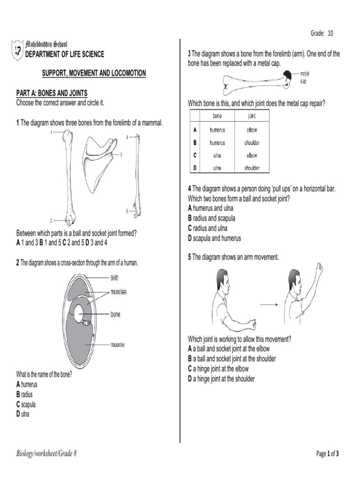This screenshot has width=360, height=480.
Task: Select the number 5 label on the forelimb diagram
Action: pyautogui.click(x=127, y=210)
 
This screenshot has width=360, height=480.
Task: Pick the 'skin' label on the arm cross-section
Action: pyautogui.click(x=115, y=277)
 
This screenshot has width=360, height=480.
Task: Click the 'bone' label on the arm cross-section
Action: pyautogui.click(x=115, y=315)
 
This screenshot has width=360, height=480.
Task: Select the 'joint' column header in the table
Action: pyautogui.click(x=251, y=116)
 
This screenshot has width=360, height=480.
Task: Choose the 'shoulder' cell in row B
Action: pyautogui.click(x=251, y=143)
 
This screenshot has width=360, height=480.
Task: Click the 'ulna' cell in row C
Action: pyautogui.click(x=217, y=155)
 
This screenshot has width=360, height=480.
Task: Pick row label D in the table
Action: pyautogui.click(x=194, y=168)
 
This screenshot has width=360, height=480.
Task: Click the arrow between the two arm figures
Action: pyautogui.click(x=270, y=305)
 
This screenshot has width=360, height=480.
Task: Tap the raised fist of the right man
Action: pyautogui.click(x=320, y=269)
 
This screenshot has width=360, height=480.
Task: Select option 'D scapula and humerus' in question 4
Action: pyautogui.click(x=214, y=238)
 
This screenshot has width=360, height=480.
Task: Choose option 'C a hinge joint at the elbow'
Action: pyautogui.click(x=218, y=369)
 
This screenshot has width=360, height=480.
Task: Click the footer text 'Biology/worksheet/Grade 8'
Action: pyautogui.click(x=46, y=454)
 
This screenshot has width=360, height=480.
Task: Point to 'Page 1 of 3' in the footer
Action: pyautogui.click(x=328, y=454)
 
